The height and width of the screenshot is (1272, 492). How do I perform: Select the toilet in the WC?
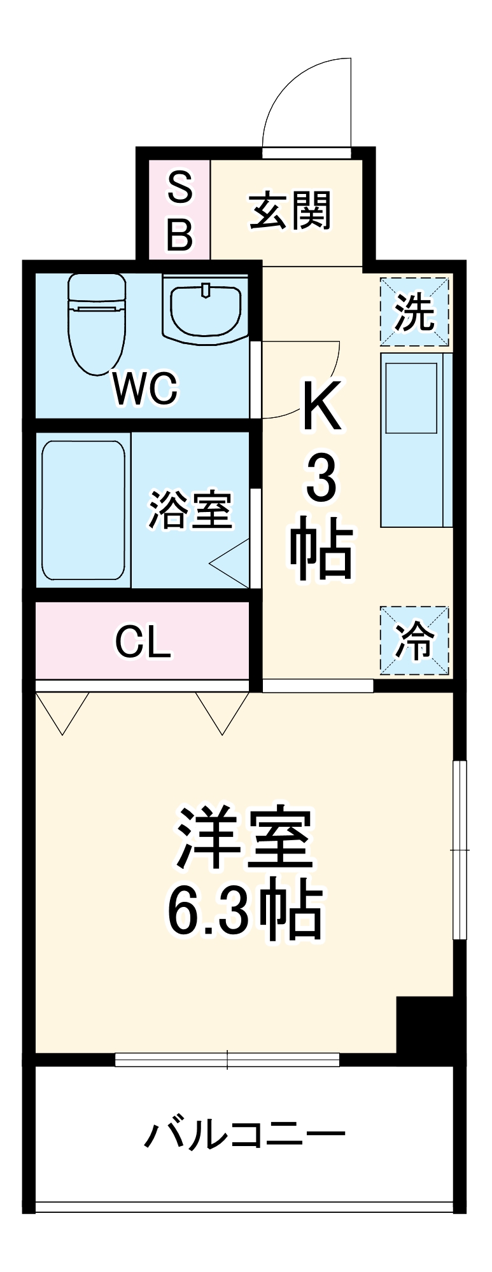click(x=97, y=321)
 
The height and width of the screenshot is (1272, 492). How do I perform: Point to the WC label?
click(x=145, y=389)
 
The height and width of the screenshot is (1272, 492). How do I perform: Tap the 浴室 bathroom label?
click(x=190, y=510)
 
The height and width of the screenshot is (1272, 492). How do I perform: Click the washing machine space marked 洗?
click(x=414, y=312)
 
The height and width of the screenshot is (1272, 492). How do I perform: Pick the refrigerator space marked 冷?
click(x=414, y=640)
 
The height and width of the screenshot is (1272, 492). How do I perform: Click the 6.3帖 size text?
click(x=245, y=909)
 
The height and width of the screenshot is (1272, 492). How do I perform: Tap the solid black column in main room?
click(x=424, y=1025)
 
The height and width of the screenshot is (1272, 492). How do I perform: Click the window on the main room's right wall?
click(x=459, y=850)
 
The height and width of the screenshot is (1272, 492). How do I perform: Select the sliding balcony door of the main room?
click(x=227, y=1060)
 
